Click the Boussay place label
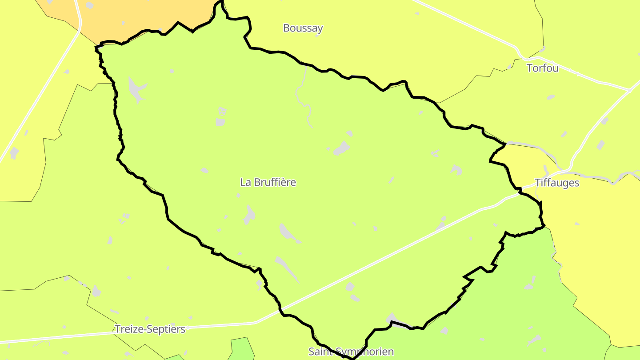point(303,28)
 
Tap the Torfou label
point(542,68)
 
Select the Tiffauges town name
point(557,183)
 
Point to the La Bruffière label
point(268,182)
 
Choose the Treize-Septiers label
point(150,329)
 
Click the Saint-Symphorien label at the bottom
point(351,352)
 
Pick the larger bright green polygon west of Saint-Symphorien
point(241,349)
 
